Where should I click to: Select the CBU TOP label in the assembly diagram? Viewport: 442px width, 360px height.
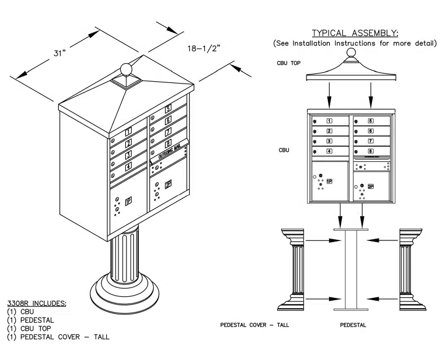point(288,63)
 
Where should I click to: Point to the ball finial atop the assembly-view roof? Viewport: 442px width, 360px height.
point(351,53)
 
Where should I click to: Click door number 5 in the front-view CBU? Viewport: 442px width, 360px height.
point(370,121)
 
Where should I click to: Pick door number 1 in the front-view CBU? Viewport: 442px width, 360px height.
point(330,121)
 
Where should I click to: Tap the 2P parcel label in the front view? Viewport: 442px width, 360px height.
point(370,186)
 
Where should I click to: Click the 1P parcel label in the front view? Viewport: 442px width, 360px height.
point(329,181)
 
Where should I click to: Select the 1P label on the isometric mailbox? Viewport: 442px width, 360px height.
point(128,200)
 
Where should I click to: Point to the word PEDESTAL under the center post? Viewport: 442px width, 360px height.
point(354,325)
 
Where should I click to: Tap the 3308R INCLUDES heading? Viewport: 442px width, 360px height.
point(37,303)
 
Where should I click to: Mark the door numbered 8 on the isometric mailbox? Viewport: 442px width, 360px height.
point(168,143)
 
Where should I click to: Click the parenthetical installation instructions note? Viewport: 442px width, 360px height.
point(355,43)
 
